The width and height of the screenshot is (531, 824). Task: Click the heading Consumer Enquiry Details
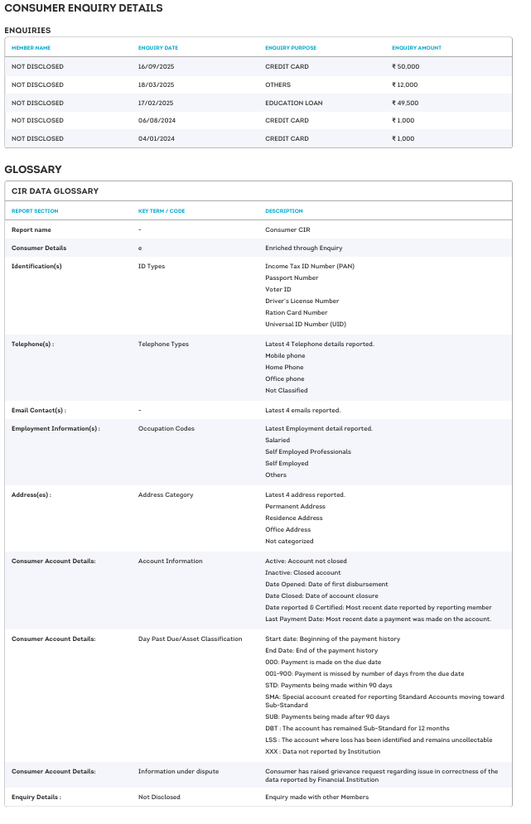coord(83,8)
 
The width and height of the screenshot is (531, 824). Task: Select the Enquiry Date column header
coord(158,48)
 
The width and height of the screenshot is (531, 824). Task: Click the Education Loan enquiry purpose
coord(294,103)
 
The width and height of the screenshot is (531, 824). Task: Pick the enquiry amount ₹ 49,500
coord(405,103)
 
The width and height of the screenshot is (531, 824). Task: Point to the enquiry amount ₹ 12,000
coord(405,84)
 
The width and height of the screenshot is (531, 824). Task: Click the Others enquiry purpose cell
coord(278,84)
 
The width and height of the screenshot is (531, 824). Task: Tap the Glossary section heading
coord(33,169)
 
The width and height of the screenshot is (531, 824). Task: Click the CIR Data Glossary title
coord(55,191)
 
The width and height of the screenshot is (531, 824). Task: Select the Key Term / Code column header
coord(162,211)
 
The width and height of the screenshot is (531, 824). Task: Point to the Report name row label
coord(31,229)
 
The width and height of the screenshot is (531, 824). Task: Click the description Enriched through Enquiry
coord(303,248)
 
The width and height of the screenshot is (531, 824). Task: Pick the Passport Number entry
coord(292,278)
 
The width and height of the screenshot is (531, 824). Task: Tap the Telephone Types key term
coord(163,344)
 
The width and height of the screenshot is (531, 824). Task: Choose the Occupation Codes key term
coord(166,429)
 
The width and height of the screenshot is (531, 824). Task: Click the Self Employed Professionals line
coord(308,452)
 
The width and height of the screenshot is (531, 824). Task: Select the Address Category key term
coord(166,495)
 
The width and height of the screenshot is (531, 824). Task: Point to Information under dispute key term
coord(178,772)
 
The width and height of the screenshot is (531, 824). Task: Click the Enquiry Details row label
coord(36,797)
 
